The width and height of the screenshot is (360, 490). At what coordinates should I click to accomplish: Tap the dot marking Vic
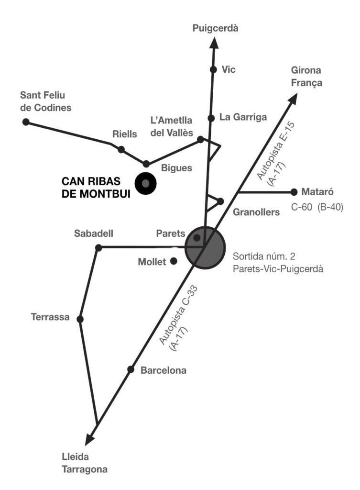click(x=213, y=69)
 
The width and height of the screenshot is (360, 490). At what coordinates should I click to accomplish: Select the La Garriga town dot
click(x=210, y=117)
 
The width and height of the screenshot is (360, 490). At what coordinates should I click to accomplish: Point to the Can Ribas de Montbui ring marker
click(x=145, y=183)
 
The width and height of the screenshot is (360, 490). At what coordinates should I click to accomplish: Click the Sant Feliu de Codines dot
click(x=26, y=122)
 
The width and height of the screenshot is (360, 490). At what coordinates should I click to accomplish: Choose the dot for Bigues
click(x=146, y=164)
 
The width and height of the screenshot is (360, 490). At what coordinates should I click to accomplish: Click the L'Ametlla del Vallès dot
click(x=200, y=139)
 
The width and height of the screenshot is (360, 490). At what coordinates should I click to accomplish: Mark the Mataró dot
click(x=294, y=192)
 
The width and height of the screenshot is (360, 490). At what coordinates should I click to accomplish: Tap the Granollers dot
click(x=220, y=201)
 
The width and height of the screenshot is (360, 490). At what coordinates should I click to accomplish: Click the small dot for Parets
click(x=196, y=237)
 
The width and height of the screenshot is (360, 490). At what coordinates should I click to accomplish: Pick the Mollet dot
click(x=174, y=261)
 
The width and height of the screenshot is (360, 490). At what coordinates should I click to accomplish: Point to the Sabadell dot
click(x=98, y=247)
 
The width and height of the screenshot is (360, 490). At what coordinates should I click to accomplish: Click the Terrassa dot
click(x=80, y=319)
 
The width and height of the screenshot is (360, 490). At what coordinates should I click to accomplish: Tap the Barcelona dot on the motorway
click(x=130, y=369)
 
